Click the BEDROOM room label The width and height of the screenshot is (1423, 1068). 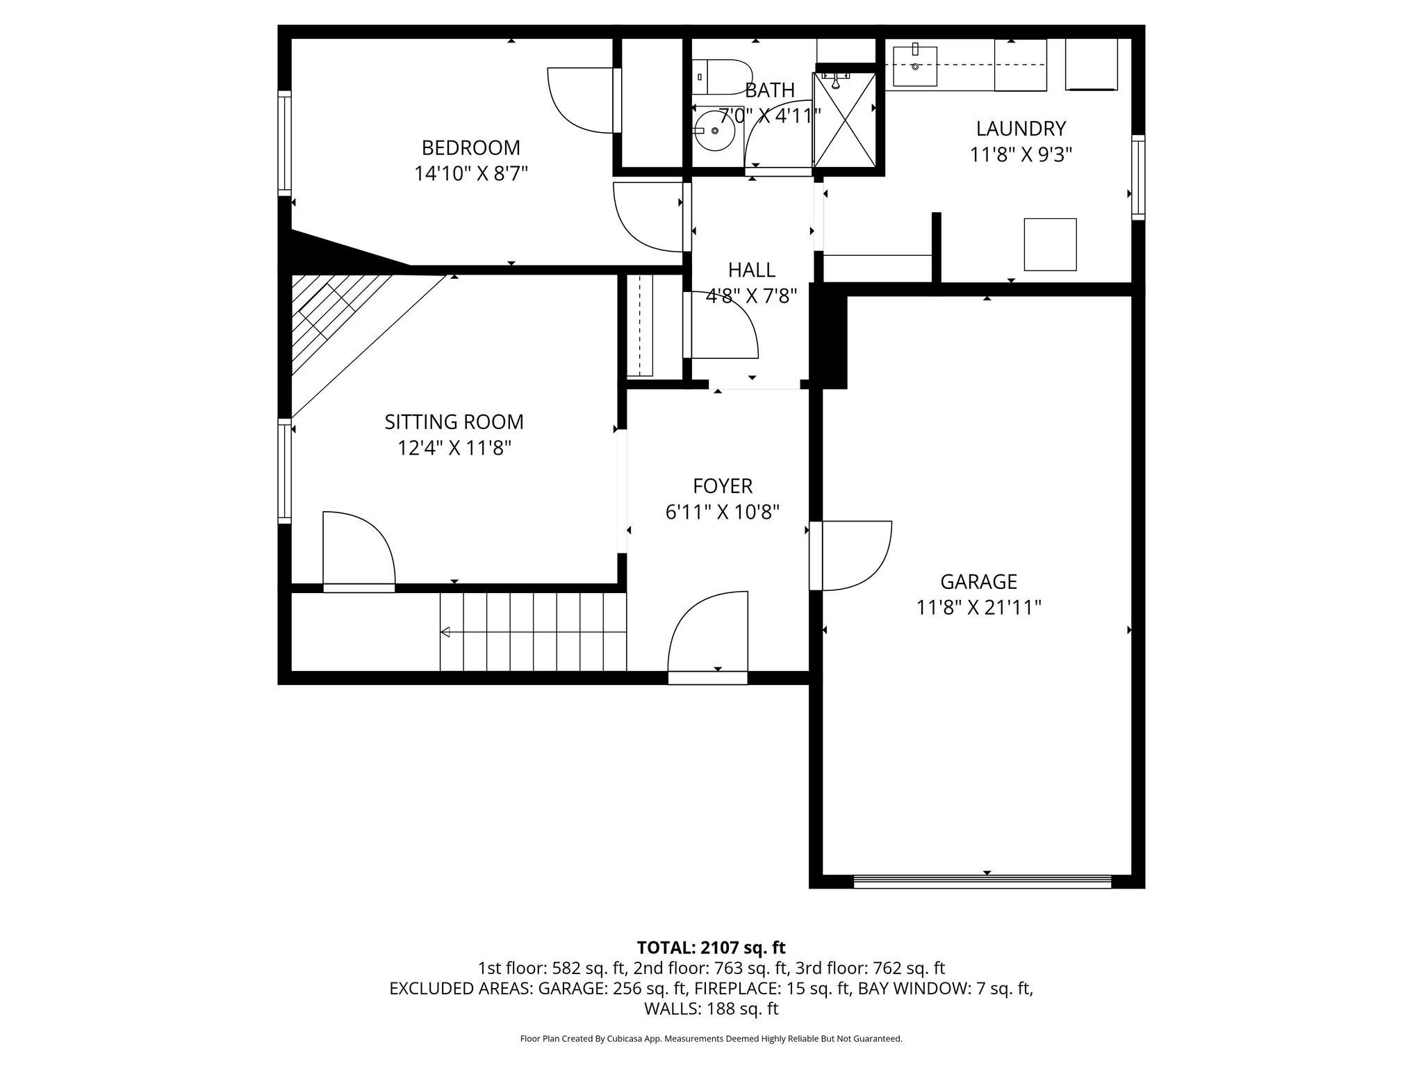(470, 147)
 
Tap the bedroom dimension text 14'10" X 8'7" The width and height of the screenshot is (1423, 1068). (470, 173)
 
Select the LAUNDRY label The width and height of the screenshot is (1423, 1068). (1020, 129)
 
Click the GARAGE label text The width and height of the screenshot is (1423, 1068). (978, 581)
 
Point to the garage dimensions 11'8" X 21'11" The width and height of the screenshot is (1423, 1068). (978, 608)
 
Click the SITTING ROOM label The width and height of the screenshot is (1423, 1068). (454, 422)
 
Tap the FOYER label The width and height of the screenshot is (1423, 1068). (722, 486)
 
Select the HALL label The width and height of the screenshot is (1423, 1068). (751, 270)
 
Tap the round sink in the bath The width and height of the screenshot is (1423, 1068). (714, 131)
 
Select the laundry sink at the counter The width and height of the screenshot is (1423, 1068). (915, 66)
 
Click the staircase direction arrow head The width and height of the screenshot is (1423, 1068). (445, 632)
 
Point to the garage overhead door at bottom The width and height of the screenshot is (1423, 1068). (982, 882)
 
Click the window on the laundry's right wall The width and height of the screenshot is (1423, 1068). (1137, 177)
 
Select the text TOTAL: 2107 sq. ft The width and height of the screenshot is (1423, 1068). (711, 948)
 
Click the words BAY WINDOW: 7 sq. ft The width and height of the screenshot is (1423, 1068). (945, 988)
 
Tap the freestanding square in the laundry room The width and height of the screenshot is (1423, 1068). (1050, 244)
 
